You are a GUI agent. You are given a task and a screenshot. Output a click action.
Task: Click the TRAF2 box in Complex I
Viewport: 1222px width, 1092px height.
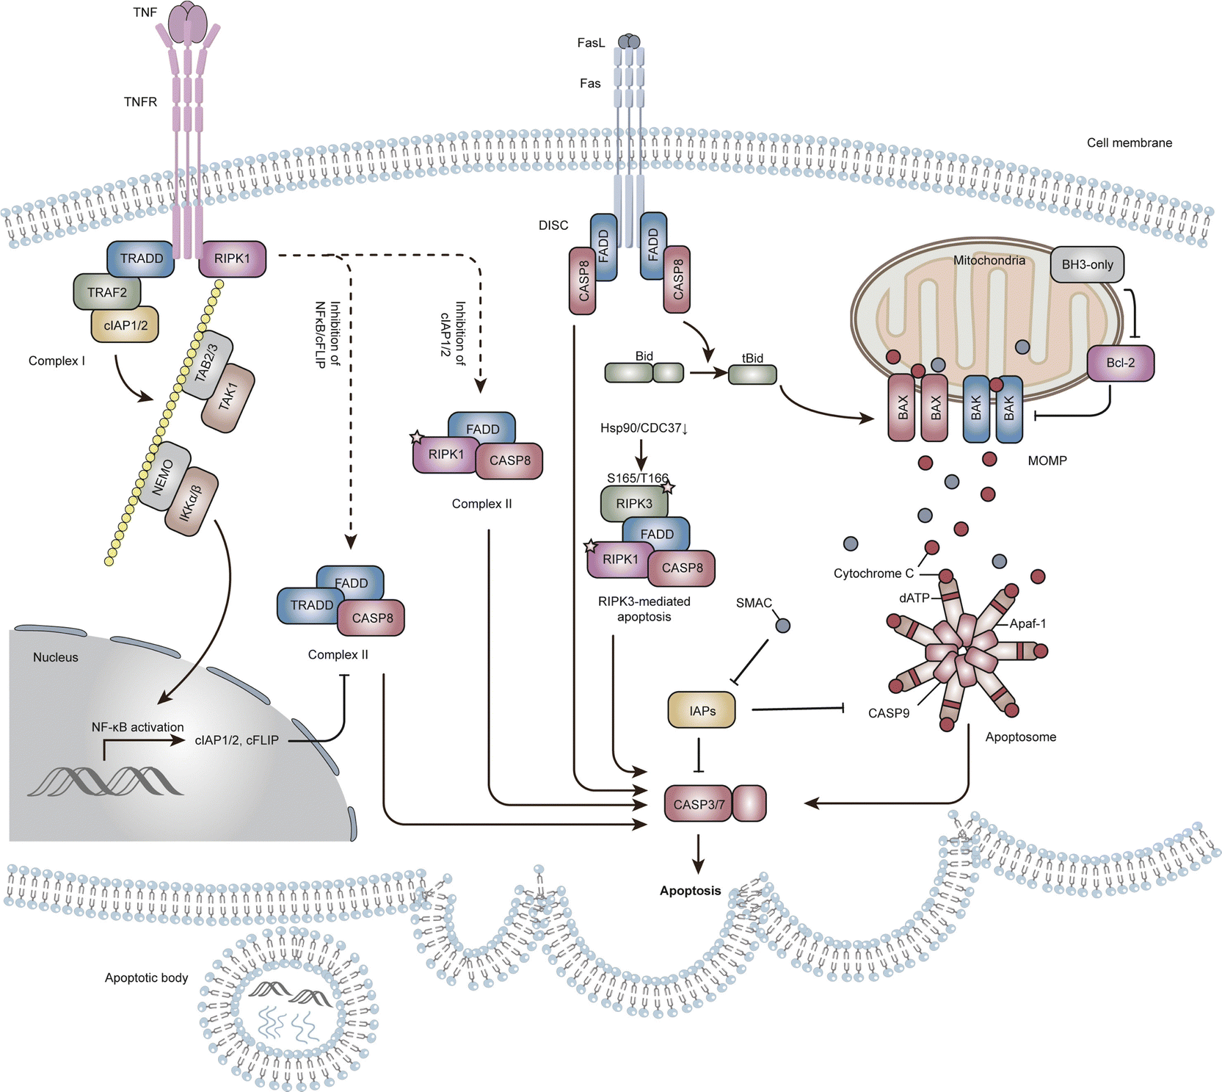pos(107,292)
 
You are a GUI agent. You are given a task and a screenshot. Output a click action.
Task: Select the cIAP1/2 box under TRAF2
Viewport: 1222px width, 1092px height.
pos(126,325)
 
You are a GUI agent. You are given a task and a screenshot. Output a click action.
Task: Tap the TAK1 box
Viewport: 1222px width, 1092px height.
pos(228,397)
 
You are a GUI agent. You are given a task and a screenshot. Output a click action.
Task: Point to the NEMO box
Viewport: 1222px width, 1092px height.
pos(163,477)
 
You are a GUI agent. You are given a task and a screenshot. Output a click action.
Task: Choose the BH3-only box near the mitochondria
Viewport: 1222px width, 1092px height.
pos(1087,264)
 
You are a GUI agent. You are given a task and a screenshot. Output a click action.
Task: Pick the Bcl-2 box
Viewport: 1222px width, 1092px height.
pos(1120,363)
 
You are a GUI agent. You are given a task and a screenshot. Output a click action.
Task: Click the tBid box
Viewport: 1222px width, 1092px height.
pos(752,374)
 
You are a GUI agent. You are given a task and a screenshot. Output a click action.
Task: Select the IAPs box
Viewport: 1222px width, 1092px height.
pos(702,710)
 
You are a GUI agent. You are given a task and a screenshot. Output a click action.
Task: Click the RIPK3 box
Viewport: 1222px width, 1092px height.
pos(634,504)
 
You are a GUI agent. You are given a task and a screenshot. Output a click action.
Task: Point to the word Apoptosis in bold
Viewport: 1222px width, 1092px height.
pos(690,891)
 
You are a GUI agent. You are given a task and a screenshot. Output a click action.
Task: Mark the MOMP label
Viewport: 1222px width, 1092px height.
pos(1047,461)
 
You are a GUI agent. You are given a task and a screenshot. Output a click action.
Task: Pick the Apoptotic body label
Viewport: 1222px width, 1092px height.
pos(146,978)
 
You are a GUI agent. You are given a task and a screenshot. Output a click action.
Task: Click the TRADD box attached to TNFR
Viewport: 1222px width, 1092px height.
pos(141,258)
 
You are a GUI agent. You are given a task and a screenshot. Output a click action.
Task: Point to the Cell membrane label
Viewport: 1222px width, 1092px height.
pos(1129,143)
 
